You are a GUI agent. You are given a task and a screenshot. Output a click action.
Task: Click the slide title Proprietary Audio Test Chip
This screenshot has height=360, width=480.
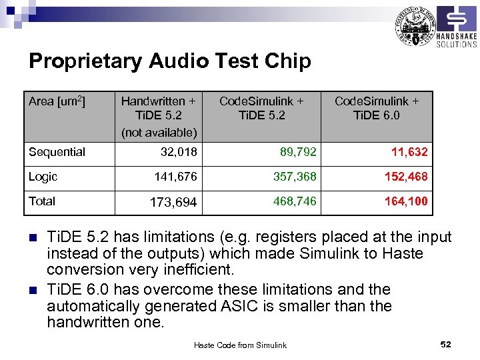pyautogui.click(x=169, y=61)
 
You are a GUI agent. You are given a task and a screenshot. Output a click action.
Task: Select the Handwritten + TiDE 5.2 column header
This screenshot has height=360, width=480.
pyautogui.click(x=159, y=116)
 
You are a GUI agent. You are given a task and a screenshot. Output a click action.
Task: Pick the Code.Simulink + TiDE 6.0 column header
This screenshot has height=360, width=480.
pyautogui.click(x=377, y=108)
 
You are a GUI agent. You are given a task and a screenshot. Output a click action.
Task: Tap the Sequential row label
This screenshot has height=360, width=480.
pyautogui.click(x=57, y=152)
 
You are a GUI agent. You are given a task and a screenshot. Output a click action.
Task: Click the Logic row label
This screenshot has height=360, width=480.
pyautogui.click(x=43, y=177)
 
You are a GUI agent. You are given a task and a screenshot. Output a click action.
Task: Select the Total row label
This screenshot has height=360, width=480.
pyautogui.click(x=42, y=201)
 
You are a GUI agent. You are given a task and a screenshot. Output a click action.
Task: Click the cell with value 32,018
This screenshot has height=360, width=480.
pyautogui.click(x=179, y=152)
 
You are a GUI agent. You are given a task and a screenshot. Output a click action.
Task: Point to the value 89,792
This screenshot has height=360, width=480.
pyautogui.click(x=298, y=152)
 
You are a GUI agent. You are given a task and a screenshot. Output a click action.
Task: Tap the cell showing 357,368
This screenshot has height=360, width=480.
pyautogui.click(x=294, y=177)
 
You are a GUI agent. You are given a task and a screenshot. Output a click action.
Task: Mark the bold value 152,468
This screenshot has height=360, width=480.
pyautogui.click(x=406, y=177)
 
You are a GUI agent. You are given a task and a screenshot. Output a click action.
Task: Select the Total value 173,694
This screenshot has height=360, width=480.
pyautogui.click(x=173, y=202)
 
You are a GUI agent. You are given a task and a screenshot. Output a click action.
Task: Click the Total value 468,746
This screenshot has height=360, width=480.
pyautogui.click(x=294, y=201)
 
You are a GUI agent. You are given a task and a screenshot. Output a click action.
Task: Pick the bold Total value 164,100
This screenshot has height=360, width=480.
pyautogui.click(x=406, y=201)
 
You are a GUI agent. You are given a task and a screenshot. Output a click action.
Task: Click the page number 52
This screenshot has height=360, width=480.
pyautogui.click(x=446, y=344)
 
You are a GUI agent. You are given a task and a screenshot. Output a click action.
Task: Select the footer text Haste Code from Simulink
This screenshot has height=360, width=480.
pyautogui.click(x=240, y=345)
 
